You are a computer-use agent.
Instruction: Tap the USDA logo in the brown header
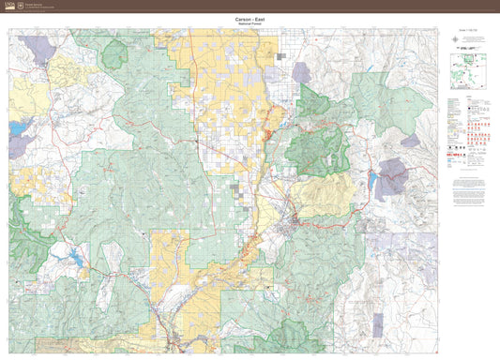(8, 6)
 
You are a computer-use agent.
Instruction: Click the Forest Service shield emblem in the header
(20, 6)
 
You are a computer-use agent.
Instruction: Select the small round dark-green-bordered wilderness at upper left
(114, 55)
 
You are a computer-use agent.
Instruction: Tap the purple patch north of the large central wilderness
(300, 72)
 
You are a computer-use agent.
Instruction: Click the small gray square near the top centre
(280, 57)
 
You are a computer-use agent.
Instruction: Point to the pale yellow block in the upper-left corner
(66, 71)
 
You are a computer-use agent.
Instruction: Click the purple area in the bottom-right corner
(377, 324)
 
